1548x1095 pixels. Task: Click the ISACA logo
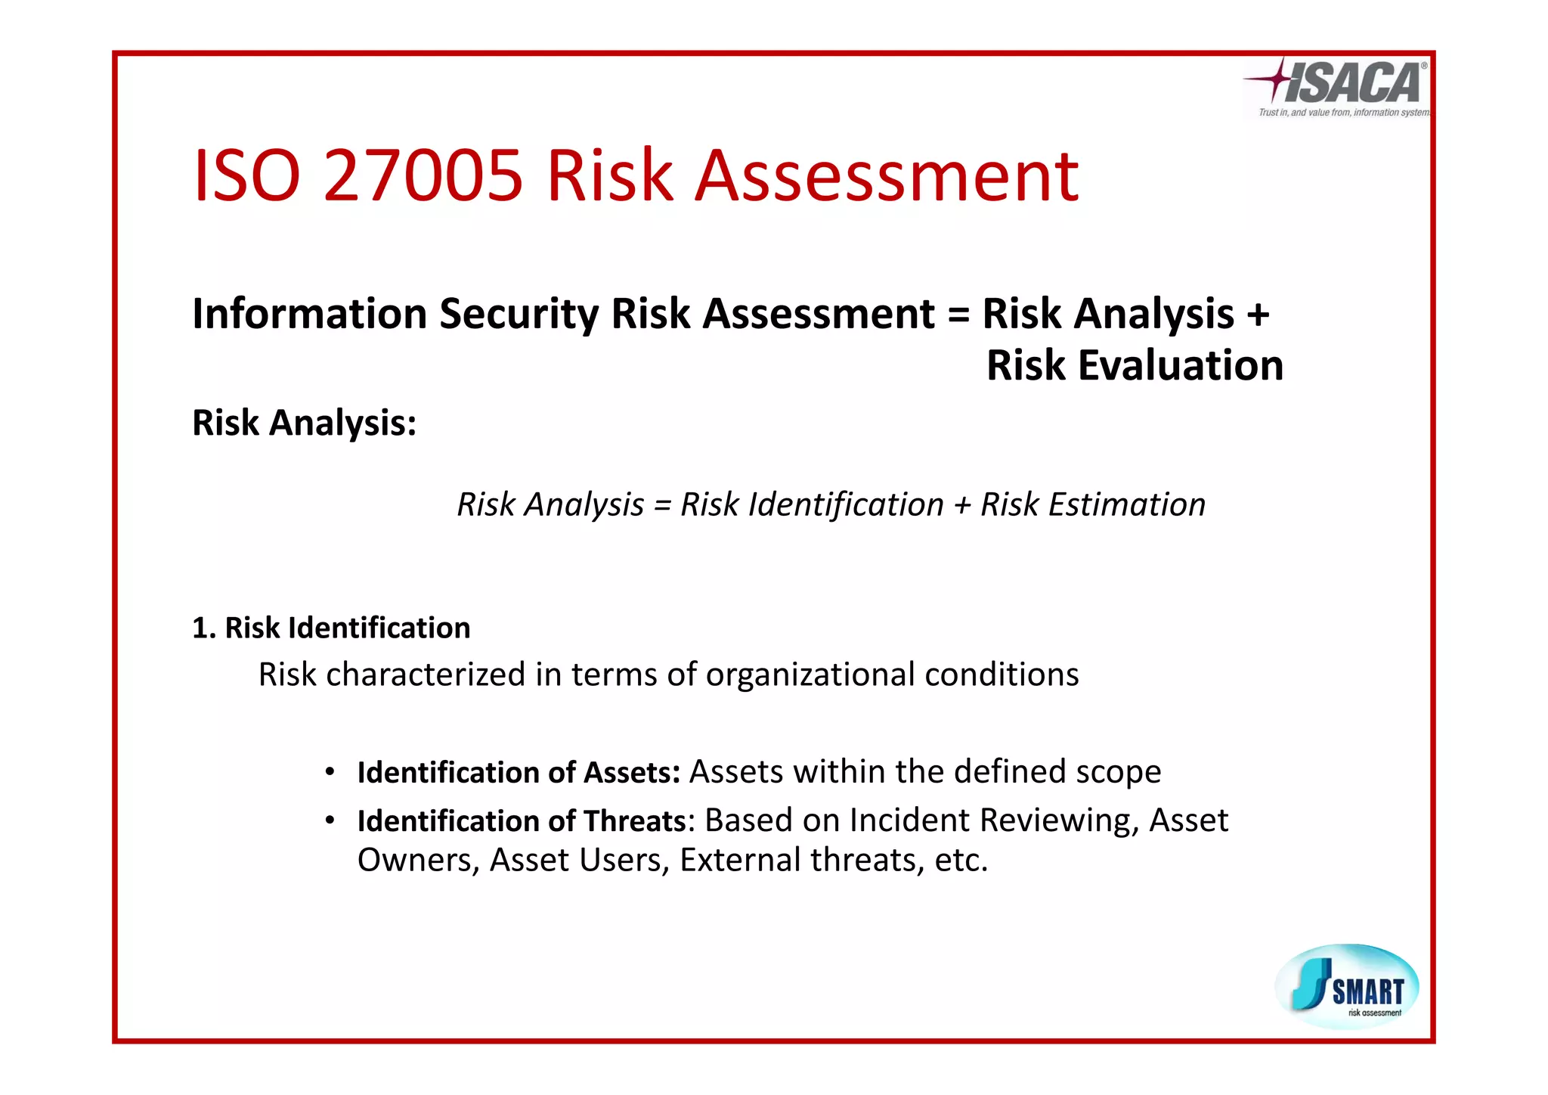click(x=1336, y=88)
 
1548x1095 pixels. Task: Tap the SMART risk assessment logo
click(x=1347, y=986)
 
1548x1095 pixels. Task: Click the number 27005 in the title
click(x=423, y=176)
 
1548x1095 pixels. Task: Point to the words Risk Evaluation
click(x=1135, y=366)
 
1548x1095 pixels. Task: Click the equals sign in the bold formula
click(x=958, y=315)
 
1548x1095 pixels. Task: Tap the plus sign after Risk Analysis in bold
click(x=1258, y=315)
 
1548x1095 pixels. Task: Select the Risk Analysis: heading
click(x=305, y=423)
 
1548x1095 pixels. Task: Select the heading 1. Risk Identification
click(x=331, y=628)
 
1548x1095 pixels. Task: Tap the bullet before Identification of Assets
click(x=330, y=772)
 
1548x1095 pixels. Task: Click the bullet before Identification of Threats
click(x=330, y=820)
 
